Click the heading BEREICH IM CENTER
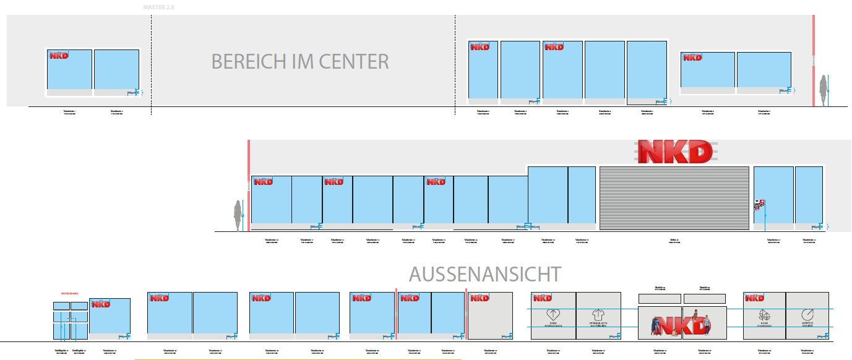point(300,62)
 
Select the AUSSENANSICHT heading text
point(485,273)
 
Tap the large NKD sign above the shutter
point(675,152)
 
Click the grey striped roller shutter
point(674,197)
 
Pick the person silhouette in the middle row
point(237,216)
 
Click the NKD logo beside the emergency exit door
point(100,304)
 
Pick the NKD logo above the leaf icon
point(755,298)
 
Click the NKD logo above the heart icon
point(543,298)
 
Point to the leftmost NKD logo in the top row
point(59,56)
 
